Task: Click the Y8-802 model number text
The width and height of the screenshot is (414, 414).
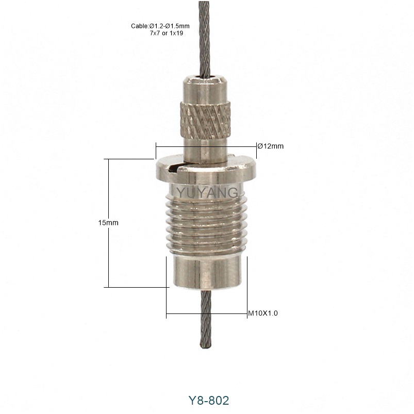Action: tap(207, 400)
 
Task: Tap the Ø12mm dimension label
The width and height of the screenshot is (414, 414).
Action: tap(270, 146)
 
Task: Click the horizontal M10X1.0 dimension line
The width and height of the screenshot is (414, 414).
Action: tap(206, 313)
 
